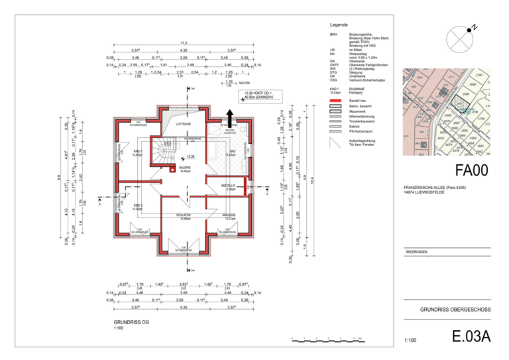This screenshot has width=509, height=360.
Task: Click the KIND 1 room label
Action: (x=137, y=152)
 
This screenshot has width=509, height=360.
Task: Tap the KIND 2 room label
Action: (x=137, y=206)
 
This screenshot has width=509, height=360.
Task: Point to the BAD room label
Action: (x=233, y=152)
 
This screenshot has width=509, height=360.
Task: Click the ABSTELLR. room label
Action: (x=231, y=187)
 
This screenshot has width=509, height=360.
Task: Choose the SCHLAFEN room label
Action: (x=184, y=216)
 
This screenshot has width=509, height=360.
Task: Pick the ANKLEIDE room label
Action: (x=230, y=215)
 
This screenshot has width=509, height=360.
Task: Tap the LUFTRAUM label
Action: (x=184, y=123)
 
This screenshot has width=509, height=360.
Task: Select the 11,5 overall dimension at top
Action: (x=184, y=42)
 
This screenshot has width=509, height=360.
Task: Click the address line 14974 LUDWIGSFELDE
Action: (x=427, y=192)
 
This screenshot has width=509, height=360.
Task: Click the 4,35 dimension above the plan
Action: (x=184, y=50)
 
